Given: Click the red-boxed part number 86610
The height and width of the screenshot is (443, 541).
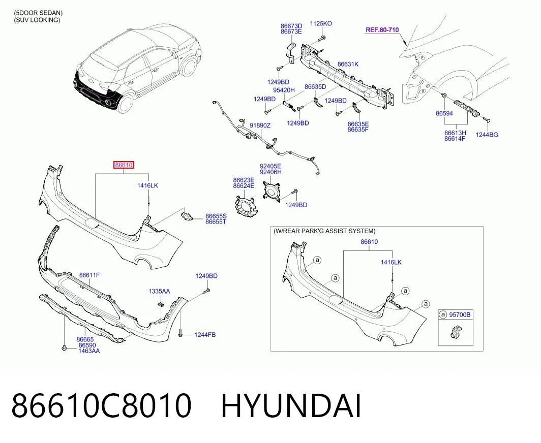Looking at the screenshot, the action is [124, 165].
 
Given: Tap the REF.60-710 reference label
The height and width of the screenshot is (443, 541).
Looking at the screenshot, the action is [382, 29].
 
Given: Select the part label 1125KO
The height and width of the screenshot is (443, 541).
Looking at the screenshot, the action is [321, 23].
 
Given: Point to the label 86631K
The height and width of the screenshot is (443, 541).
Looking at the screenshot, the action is [348, 64].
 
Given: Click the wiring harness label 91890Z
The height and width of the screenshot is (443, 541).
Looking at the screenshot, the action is [260, 125].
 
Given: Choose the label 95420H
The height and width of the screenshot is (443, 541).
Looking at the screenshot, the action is [284, 90].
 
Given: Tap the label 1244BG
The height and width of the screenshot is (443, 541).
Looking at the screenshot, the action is [487, 135].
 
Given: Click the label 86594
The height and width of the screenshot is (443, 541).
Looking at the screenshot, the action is [444, 113].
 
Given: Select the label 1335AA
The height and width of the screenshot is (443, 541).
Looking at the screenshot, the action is [160, 291].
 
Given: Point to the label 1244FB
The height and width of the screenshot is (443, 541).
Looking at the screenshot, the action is [205, 335].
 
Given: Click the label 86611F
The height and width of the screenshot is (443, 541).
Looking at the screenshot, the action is [89, 275].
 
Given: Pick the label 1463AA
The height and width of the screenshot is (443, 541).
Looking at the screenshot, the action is [89, 351].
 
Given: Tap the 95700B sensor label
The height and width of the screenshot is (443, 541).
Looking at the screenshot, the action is [460, 315].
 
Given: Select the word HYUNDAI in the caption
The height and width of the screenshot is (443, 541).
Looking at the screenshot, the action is [291, 406].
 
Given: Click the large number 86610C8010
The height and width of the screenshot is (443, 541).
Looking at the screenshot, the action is [102, 406].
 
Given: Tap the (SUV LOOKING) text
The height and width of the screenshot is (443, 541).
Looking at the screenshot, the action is [37, 20].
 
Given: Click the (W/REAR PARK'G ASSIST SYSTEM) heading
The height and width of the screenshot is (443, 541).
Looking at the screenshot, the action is [324, 231].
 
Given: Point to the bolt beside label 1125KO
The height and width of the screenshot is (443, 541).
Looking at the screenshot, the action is [321, 38].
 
